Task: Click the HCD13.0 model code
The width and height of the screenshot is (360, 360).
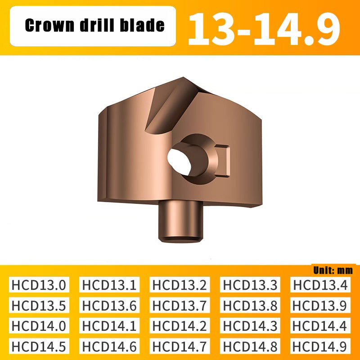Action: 39,285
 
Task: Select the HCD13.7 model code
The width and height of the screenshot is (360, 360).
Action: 180,306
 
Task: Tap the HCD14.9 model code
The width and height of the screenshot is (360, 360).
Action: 320,346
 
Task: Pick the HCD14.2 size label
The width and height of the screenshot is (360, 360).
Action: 180,326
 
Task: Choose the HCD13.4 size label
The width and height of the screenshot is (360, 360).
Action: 320,285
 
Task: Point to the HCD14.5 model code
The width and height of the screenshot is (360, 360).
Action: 39,346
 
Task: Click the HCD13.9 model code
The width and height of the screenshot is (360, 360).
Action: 320,306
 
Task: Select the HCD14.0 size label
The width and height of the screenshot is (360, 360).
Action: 39,326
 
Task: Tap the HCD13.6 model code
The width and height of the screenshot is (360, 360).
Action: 109,306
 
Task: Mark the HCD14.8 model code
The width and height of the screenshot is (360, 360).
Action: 250,346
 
